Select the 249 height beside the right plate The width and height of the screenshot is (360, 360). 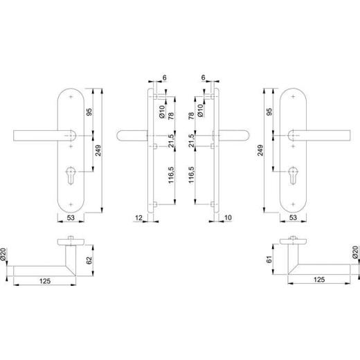point(260,150)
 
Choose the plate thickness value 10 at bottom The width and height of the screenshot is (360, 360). point(228,219)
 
